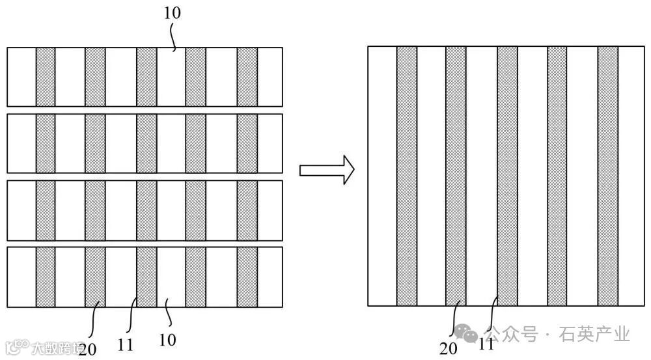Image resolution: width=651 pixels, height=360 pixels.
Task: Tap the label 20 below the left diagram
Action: (x=87, y=350)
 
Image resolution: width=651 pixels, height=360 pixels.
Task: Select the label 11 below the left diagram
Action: (x=126, y=345)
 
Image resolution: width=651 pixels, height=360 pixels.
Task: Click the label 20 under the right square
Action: (x=448, y=348)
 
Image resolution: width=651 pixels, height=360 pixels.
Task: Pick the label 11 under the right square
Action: (x=486, y=346)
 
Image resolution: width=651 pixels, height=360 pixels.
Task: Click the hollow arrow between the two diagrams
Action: (x=326, y=171)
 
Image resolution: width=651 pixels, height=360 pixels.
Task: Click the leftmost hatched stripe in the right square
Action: (x=407, y=176)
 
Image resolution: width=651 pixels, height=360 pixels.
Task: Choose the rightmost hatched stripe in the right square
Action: (x=607, y=176)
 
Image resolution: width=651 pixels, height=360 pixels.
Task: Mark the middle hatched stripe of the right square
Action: (x=507, y=176)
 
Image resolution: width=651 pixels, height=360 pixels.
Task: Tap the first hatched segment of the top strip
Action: (x=46, y=77)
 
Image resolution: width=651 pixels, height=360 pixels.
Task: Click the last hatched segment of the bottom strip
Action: (x=247, y=277)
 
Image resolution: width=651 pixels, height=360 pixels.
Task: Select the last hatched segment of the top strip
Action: (x=247, y=77)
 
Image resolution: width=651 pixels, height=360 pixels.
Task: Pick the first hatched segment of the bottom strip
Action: (x=46, y=277)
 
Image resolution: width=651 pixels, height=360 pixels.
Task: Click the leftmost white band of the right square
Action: (x=382, y=176)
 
